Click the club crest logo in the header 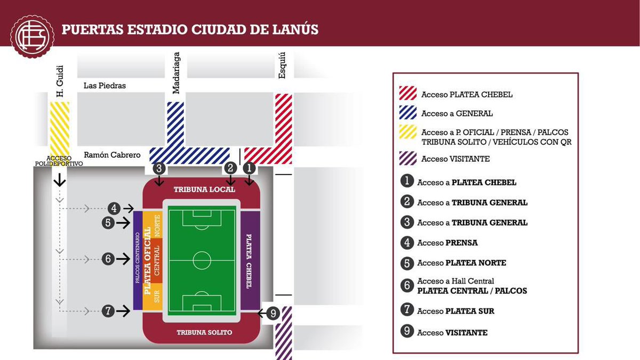coord(33,36)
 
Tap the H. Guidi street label coord(60,81)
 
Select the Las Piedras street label coord(105,85)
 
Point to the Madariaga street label coord(177,73)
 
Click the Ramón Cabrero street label coord(111,155)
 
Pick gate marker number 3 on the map coord(159,168)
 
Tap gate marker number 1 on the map coord(249,168)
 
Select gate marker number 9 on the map coord(273,314)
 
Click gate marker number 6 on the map coord(108,259)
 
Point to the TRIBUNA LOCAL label coord(201,190)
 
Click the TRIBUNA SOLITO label coord(205,332)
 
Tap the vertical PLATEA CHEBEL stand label coord(249,261)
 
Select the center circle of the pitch coord(202,261)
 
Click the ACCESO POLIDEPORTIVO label coord(65,161)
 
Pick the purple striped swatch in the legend coord(408,158)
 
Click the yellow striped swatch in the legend coord(408,132)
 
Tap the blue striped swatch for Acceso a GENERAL coord(408,113)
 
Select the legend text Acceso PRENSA coord(447,243)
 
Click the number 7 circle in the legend coord(407,311)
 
